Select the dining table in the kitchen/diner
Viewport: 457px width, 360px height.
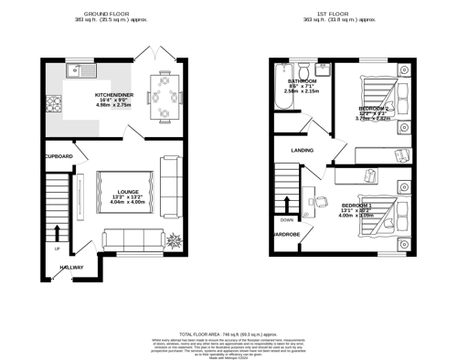[x=165, y=94]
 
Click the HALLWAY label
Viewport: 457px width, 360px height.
[x=71, y=268]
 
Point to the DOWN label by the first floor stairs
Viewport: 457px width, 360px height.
[x=287, y=220]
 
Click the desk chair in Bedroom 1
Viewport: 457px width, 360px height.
[x=312, y=196]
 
